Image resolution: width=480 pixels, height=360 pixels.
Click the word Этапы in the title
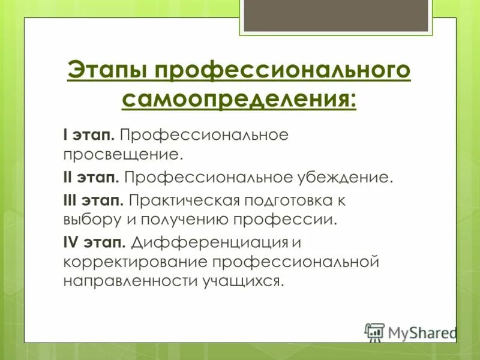[x=106, y=70]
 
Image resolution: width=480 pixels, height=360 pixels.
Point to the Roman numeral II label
[x=68, y=177]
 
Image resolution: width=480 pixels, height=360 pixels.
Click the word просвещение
[x=122, y=155]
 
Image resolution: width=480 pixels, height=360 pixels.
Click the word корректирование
[x=134, y=263]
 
